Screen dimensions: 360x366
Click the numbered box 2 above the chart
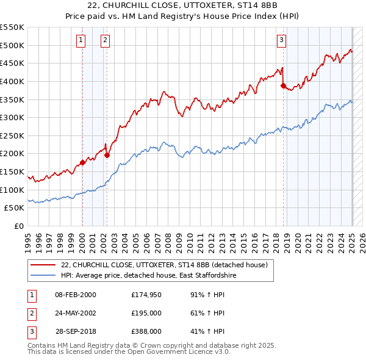click(106, 41)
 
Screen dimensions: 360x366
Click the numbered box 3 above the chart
click(281, 41)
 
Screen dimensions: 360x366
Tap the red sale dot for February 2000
click(82, 162)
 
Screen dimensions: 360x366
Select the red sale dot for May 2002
click(107, 155)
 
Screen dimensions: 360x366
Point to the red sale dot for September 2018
click(283, 85)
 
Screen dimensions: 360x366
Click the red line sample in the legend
click(43, 265)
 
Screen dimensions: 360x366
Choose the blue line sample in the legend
click(43, 276)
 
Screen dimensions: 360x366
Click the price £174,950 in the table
click(146, 295)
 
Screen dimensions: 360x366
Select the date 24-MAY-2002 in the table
click(76, 313)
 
